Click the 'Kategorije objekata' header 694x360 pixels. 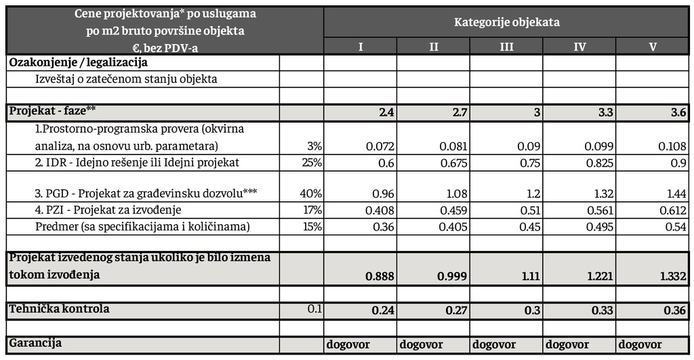506,22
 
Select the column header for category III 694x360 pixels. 506,47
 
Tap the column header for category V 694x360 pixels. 653,47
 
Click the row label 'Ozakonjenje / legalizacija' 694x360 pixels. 78,62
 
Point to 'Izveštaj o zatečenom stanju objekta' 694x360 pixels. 126,79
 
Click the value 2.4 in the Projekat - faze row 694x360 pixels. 386,113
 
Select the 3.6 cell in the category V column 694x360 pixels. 678,113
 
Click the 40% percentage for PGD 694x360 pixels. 310,194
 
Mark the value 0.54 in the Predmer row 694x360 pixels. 675,226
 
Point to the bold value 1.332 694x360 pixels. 673,277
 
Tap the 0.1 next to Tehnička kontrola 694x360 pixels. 314,309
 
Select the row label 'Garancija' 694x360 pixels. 35,343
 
